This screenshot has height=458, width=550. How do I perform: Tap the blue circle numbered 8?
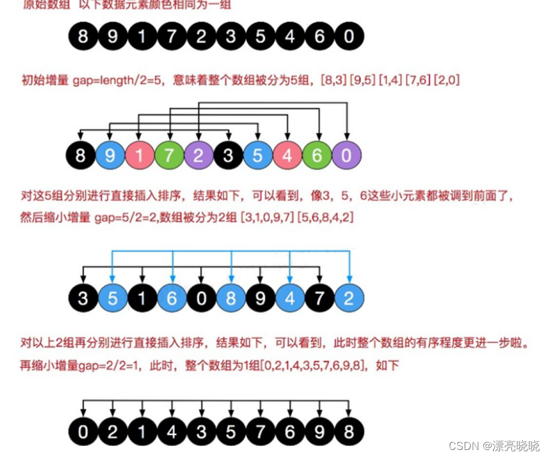pyautogui.click(x=231, y=298)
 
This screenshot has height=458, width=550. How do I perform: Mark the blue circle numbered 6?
pyautogui.click(x=171, y=298)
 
